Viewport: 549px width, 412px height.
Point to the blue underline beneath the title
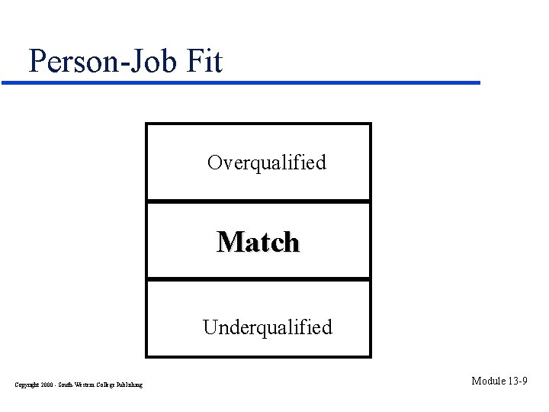pos(252,82)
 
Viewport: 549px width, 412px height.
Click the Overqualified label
pos(267,163)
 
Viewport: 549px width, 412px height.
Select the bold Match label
pos(258,242)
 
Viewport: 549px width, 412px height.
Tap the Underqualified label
pos(268,327)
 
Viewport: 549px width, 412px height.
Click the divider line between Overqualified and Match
pos(258,201)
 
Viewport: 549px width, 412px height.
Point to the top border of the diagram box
pos(258,124)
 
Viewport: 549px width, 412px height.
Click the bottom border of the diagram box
pos(258,356)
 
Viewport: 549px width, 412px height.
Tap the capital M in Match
pos(227,242)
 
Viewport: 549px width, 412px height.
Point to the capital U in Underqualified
pos(209,327)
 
